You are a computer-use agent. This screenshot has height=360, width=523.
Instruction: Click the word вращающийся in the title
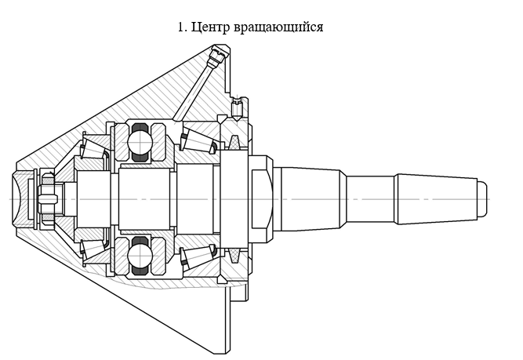(x=278, y=27)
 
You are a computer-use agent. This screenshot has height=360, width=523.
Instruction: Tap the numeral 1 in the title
(x=181, y=27)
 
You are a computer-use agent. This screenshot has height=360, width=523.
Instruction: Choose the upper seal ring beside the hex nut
(x=235, y=143)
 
